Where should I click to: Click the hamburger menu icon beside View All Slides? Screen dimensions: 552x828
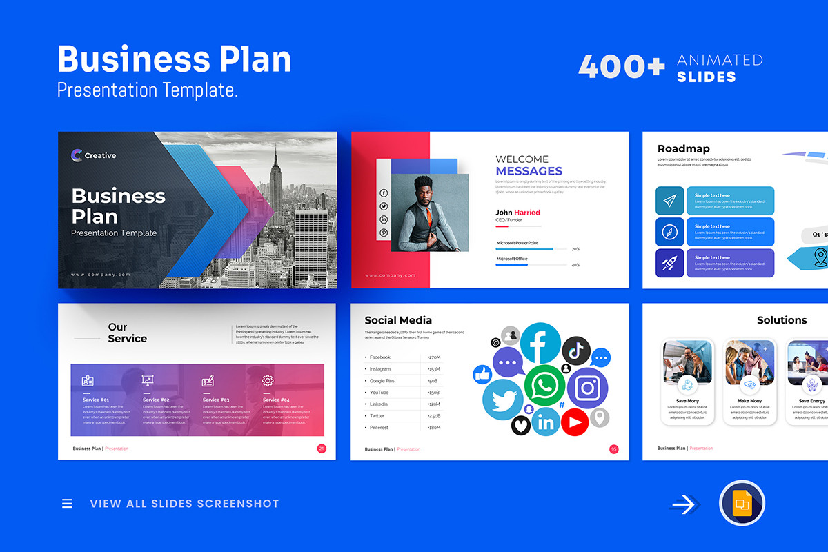click(x=67, y=504)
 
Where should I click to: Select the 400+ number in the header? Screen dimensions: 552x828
click(x=621, y=67)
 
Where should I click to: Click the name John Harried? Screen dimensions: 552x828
click(x=517, y=213)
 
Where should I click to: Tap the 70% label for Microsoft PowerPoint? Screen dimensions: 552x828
click(x=575, y=249)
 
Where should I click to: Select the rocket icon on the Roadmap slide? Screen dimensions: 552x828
click(x=669, y=263)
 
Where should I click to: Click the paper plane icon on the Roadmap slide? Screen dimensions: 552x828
click(x=669, y=201)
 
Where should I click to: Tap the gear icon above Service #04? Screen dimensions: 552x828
click(x=268, y=380)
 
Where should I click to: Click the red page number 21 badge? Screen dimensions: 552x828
click(x=322, y=448)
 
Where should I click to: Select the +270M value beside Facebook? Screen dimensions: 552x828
click(x=434, y=357)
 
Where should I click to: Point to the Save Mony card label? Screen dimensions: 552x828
click(x=687, y=401)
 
